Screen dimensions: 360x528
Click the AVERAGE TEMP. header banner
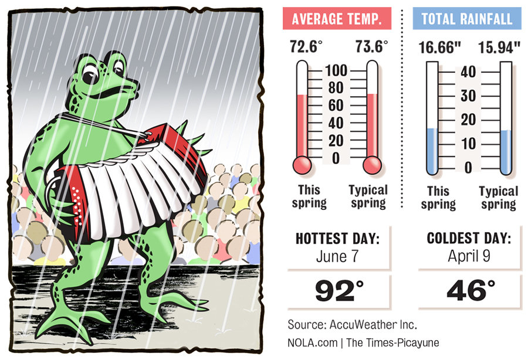tap(337, 19)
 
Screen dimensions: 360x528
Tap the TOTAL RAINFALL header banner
tap(466, 19)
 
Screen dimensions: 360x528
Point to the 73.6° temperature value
tap(371, 47)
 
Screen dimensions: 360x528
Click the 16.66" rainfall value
tap(436, 47)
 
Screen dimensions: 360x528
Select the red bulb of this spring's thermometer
tap(302, 165)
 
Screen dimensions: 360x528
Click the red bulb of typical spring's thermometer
tap(372, 165)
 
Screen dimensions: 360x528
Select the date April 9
tap(470, 256)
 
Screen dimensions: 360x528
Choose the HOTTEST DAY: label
tap(339, 239)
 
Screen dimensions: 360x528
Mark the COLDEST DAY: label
tap(470, 239)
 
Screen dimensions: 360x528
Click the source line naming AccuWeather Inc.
tap(352, 324)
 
